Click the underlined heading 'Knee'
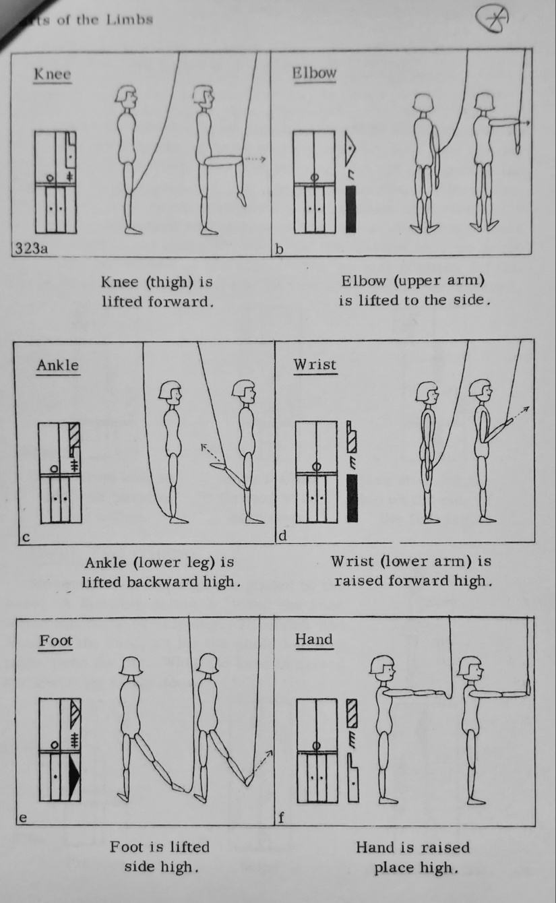pos(52,75)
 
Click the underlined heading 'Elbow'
pos(314,73)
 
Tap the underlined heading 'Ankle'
pos(57,365)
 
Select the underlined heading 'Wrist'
pos(314,365)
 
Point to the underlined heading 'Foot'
pos(55,640)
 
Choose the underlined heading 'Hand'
pos(314,639)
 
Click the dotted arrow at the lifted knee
pos(254,159)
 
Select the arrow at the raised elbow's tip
pos(525,123)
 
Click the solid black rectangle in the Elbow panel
pos(350,210)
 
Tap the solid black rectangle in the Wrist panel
pos(351,497)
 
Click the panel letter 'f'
pos(281,819)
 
